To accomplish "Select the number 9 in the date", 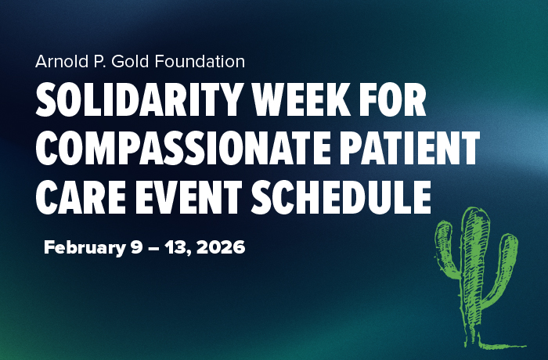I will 135,249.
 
